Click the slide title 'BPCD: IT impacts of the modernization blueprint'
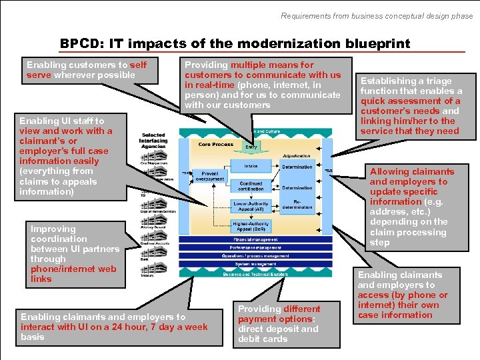(235, 43)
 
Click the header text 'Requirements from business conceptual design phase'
(377, 15)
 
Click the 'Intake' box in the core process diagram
(251, 167)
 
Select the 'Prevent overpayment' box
(209, 176)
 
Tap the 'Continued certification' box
(251, 186)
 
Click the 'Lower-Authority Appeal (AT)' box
(251, 206)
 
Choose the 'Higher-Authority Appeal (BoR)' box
(251, 226)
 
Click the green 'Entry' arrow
(251, 146)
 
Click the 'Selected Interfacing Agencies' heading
(153, 141)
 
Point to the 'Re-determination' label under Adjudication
(297, 204)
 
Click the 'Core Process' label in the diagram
(215, 145)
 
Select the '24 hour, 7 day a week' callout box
(114, 327)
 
